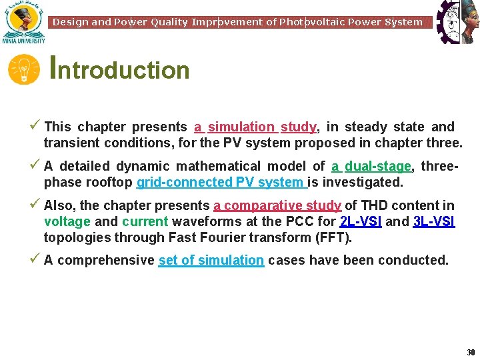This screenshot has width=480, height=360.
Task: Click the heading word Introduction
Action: coord(121,69)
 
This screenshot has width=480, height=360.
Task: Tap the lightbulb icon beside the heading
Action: coord(24,69)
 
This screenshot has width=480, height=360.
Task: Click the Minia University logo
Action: coord(24,23)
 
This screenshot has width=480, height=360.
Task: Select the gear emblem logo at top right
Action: coord(457,21)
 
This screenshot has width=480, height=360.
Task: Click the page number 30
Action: coord(471,352)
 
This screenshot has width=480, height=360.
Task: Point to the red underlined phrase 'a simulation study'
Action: coord(255,127)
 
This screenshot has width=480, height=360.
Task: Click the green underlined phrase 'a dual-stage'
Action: coord(371,166)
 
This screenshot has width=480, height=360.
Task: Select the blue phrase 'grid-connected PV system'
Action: coord(221,182)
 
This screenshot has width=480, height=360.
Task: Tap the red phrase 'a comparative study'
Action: coord(277,205)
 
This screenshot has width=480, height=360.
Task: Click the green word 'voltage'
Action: coord(67,221)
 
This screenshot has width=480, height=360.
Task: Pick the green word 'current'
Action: coord(145,221)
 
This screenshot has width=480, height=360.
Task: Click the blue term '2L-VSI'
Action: coord(361,221)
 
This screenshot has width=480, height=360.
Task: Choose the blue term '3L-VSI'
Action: coord(434,221)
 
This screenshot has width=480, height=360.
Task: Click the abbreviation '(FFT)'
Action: coord(333,237)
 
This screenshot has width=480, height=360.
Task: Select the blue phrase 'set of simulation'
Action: coord(211,260)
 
